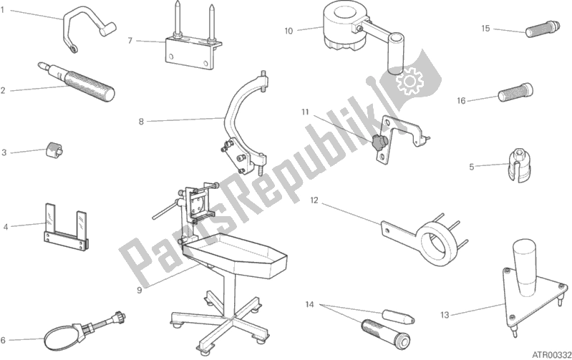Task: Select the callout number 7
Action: [130, 40]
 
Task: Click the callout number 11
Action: [304, 112]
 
